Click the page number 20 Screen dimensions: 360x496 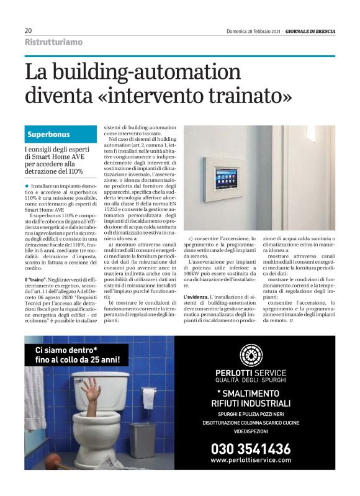point(29,30)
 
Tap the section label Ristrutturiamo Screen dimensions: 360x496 point(53,42)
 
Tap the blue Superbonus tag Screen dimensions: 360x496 point(48,134)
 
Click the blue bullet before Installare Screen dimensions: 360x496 point(27,186)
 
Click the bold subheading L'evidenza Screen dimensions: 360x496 point(197,298)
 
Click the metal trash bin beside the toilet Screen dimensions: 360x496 point(142,439)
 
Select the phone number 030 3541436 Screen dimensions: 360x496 point(250,448)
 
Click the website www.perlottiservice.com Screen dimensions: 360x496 point(250,460)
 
